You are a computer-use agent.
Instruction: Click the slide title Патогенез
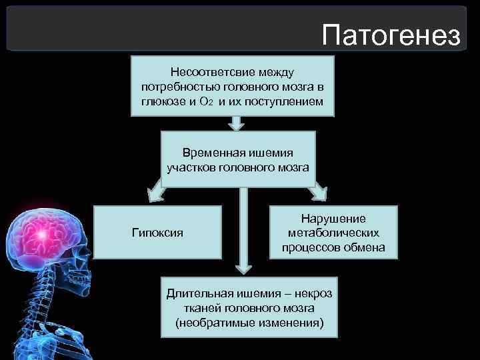click(x=390, y=35)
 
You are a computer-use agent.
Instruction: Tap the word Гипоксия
click(x=157, y=233)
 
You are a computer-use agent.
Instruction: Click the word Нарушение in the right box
click(x=333, y=219)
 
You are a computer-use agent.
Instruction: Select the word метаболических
click(x=333, y=233)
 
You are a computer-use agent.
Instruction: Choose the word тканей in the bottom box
click(x=199, y=308)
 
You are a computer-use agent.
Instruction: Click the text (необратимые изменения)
click(x=249, y=323)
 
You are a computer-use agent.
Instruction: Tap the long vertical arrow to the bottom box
click(x=243, y=230)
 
